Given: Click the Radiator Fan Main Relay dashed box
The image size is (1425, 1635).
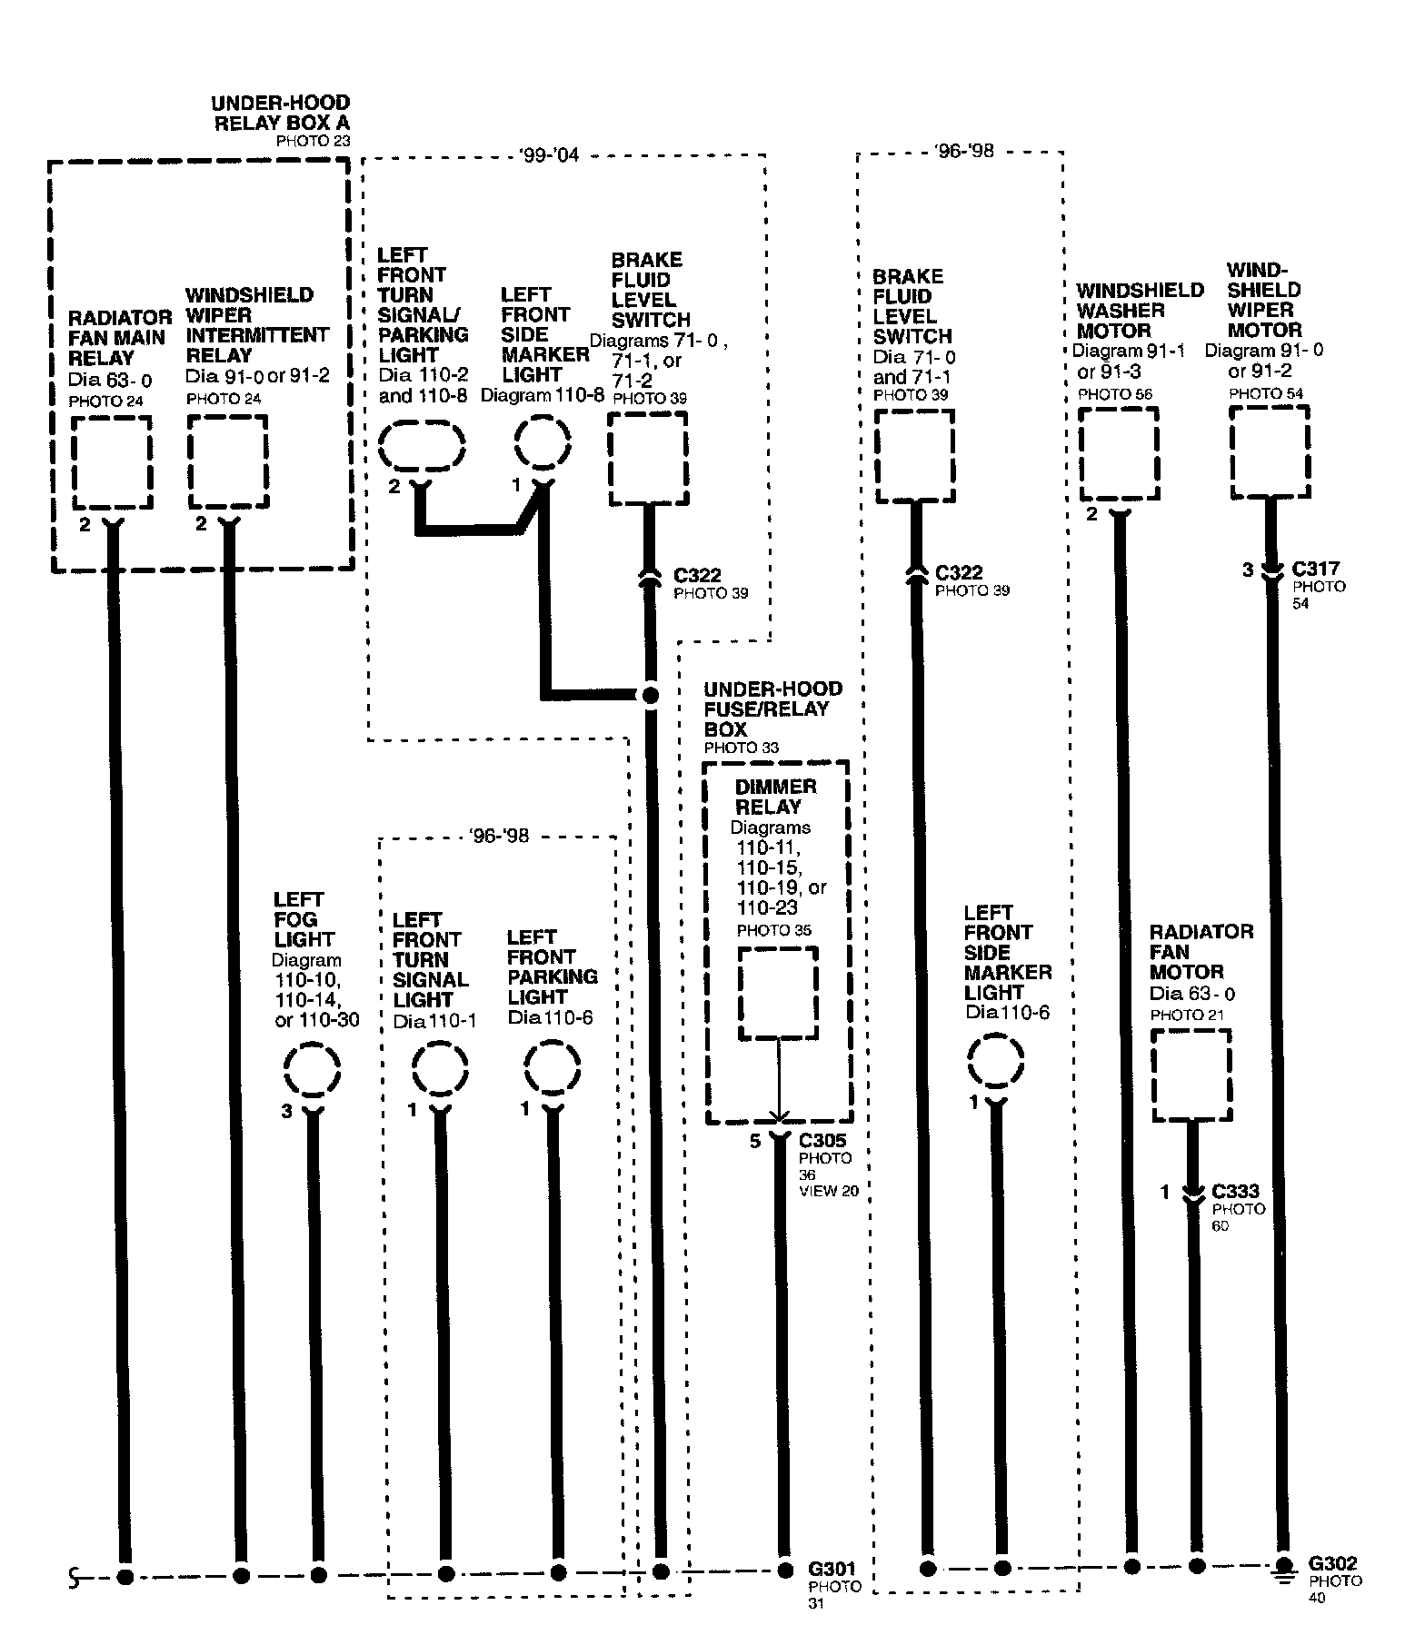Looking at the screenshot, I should [112, 462].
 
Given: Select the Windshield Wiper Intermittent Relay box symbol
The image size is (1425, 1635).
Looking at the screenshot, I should [227, 462].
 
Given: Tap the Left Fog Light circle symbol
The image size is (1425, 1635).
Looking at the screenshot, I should [312, 1070].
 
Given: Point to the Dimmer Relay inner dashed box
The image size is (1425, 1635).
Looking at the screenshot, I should [777, 993].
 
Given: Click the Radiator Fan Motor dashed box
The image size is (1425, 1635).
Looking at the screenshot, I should [1191, 1075].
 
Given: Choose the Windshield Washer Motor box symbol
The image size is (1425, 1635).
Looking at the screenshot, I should [1119, 453].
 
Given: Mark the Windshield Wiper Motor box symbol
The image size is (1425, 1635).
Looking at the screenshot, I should [1270, 451].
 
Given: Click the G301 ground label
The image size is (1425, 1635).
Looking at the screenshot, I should [831, 1569].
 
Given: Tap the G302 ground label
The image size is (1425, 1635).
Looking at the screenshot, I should [1332, 1563].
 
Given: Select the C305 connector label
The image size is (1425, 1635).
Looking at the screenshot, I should [822, 1140].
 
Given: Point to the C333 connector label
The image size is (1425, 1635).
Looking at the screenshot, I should [1236, 1191].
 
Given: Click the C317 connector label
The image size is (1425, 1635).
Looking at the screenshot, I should [1315, 569].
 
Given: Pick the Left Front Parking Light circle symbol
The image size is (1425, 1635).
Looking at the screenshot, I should [553, 1070].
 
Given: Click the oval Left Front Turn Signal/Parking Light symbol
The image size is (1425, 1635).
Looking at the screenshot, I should [421, 446].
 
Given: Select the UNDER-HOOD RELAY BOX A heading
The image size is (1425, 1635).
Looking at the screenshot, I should [280, 113].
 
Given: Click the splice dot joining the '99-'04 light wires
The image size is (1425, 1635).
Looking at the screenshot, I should [650, 695].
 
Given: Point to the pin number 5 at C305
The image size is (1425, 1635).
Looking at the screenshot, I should [754, 1141].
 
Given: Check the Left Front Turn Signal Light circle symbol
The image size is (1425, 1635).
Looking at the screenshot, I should [440, 1070].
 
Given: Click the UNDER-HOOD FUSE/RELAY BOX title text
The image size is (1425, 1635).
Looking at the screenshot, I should [772, 708].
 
